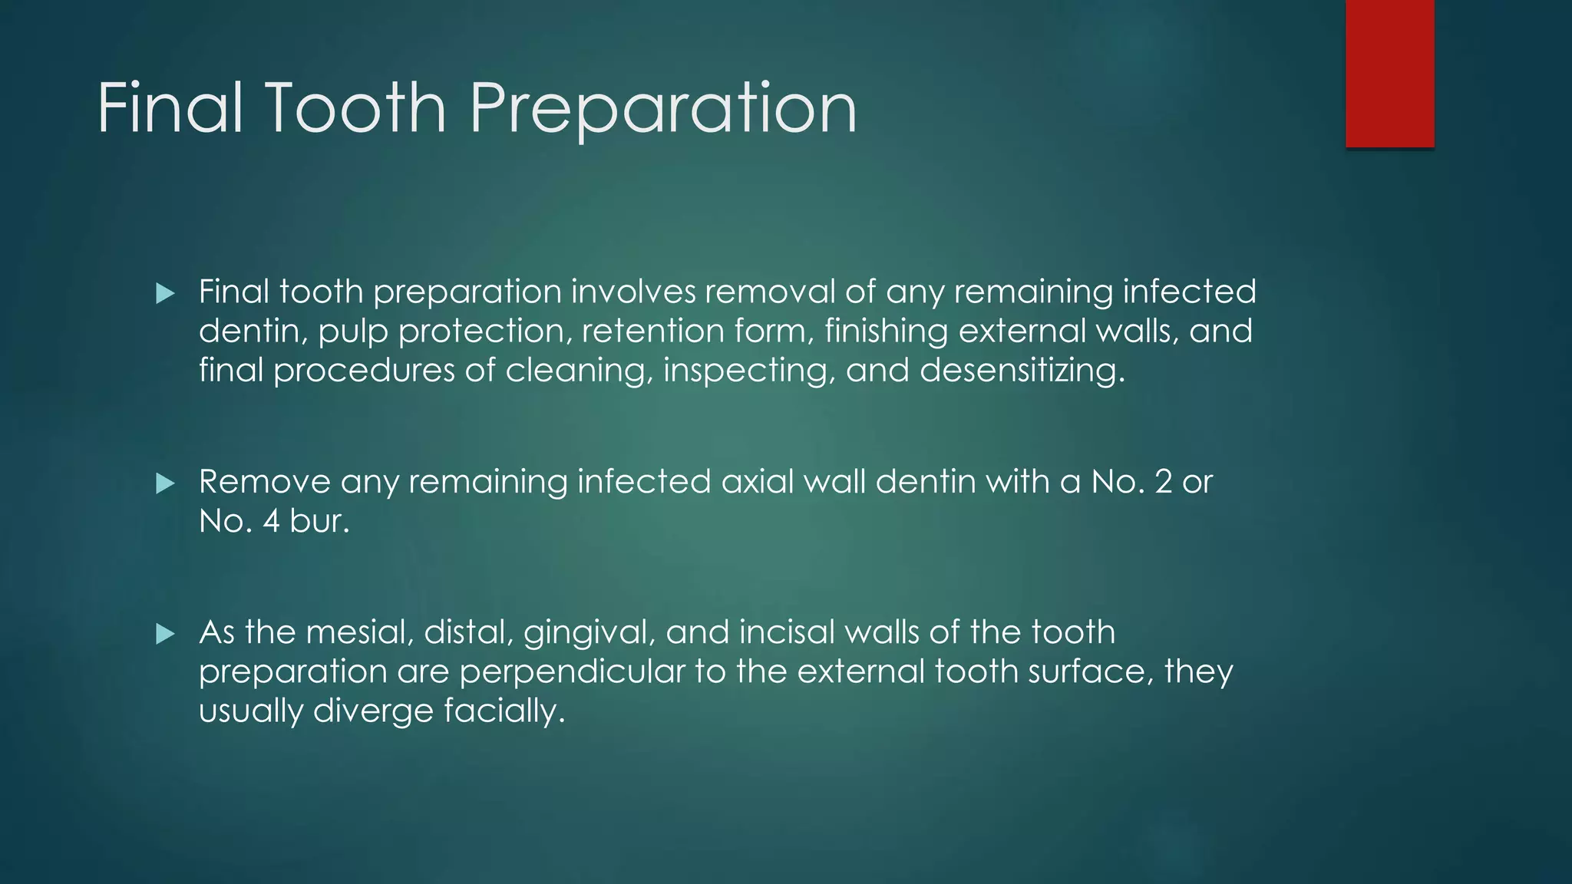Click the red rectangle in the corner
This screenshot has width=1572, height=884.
1389,73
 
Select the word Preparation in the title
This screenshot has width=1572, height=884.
663,109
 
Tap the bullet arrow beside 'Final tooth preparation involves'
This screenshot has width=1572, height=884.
165,293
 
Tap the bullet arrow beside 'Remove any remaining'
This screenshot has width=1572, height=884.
165,483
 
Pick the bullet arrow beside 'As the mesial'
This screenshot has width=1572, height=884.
165,634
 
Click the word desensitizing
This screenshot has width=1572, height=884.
1022,371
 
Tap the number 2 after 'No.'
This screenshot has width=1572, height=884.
1163,482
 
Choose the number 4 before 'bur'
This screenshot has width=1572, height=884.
271,522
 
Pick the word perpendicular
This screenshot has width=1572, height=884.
572,672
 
